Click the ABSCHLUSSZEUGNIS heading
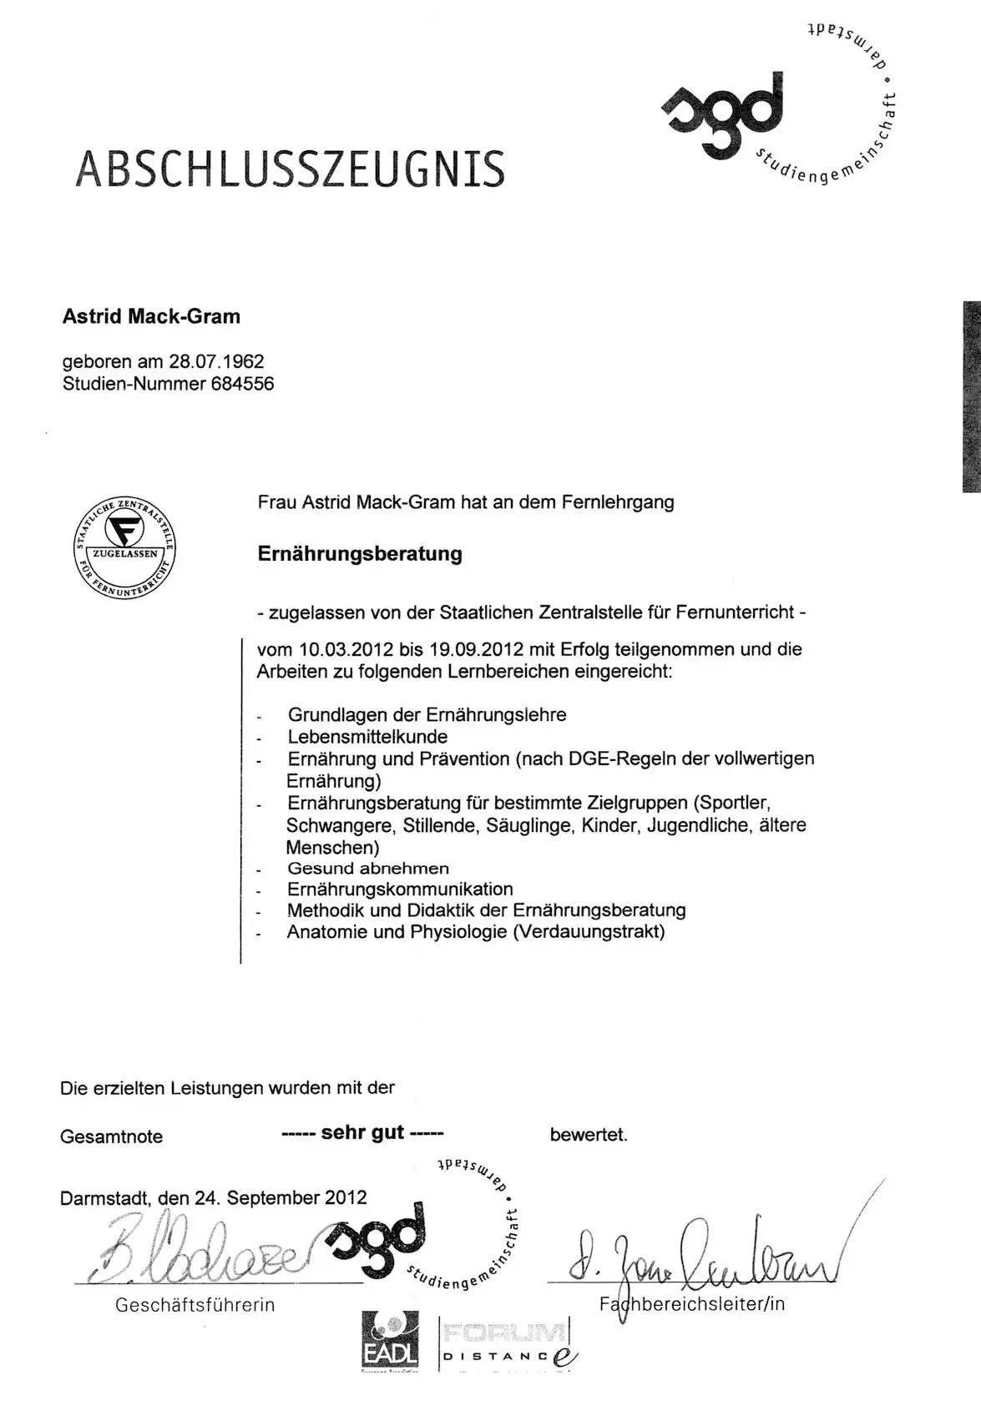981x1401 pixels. coord(291,168)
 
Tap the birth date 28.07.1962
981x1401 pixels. coord(216,362)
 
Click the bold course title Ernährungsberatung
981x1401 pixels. coord(360,554)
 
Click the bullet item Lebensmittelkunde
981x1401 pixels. coord(367,737)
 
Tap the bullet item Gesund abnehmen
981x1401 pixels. coord(368,869)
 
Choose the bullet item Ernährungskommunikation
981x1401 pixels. coord(400,889)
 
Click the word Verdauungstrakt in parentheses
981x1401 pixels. coord(589,932)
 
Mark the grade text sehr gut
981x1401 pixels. coord(362,1132)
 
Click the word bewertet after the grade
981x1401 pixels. coord(589,1135)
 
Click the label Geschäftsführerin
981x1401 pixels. coord(195,1305)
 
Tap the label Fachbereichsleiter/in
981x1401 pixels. coord(692,1304)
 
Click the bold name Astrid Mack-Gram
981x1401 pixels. coord(151,317)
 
